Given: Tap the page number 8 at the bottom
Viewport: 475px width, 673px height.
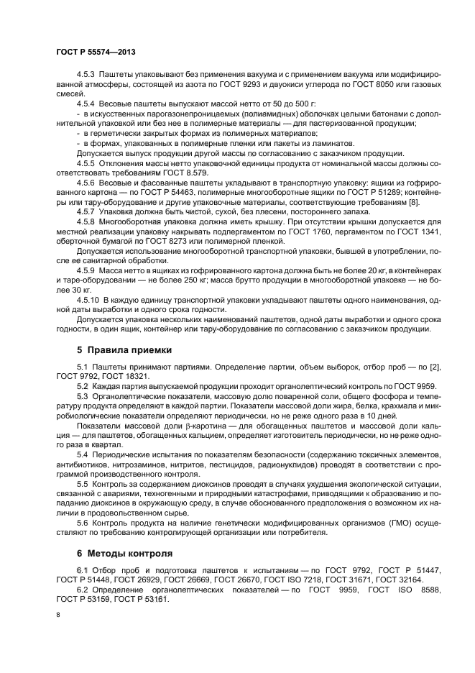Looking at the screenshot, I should pos(58,615).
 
